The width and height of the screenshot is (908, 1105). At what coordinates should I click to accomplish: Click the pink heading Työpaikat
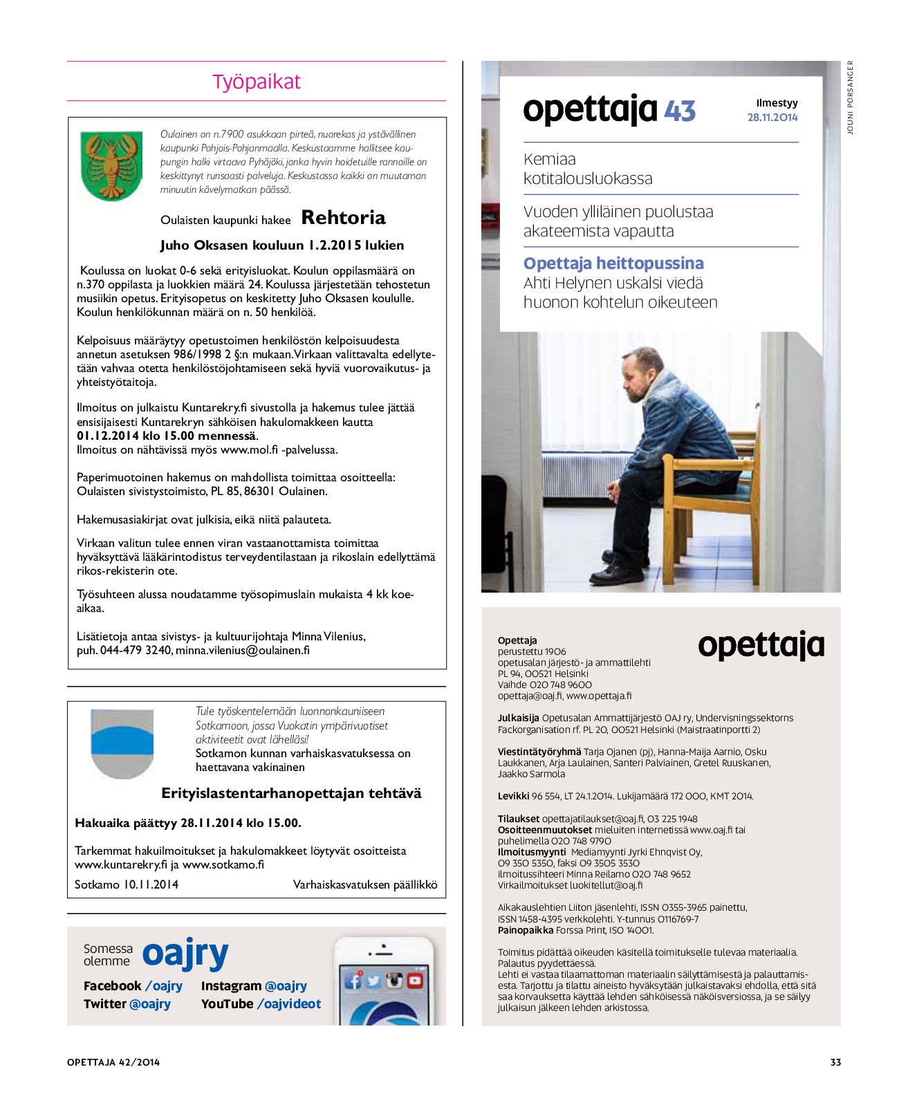click(x=257, y=82)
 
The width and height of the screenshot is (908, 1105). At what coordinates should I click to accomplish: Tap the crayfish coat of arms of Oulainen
click(x=111, y=166)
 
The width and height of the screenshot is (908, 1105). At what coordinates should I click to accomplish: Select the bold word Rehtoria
click(x=343, y=218)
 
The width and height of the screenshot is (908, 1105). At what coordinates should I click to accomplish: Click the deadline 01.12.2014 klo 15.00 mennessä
click(x=166, y=436)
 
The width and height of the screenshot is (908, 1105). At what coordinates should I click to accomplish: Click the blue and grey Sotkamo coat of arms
click(x=122, y=743)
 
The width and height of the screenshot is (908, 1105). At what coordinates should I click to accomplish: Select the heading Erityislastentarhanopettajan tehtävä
click(x=291, y=793)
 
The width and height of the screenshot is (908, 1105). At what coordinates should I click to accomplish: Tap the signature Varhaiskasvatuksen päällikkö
click(x=365, y=884)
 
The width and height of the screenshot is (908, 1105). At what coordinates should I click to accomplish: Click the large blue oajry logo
click(x=185, y=954)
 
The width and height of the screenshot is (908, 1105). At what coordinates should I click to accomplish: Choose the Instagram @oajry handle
click(x=254, y=986)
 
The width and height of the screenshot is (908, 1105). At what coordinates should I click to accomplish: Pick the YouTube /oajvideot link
click(x=261, y=1004)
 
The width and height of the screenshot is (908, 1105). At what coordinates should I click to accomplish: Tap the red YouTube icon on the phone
click(x=415, y=981)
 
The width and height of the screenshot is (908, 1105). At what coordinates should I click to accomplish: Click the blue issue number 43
click(x=680, y=111)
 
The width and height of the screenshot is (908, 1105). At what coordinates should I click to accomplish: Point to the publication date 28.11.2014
click(x=772, y=118)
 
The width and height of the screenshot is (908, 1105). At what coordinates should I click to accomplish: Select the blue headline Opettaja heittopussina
click(x=613, y=263)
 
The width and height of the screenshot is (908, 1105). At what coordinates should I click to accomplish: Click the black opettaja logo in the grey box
click(x=761, y=646)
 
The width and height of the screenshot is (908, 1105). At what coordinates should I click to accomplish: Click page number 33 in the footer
click(x=835, y=1062)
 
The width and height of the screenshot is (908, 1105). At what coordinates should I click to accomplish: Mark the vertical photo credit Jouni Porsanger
click(x=850, y=98)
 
